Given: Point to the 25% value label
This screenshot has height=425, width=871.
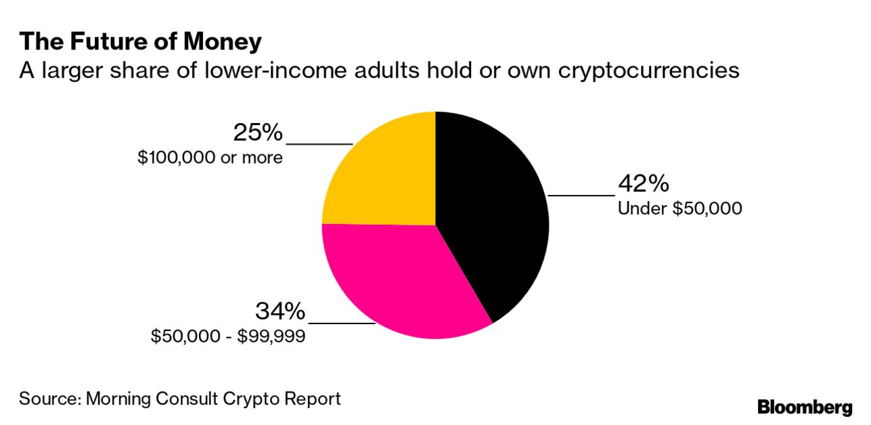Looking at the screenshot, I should click(x=258, y=133).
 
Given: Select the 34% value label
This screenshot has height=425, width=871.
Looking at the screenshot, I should click(x=280, y=311).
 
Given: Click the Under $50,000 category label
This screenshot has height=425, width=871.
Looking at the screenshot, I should click(x=679, y=208).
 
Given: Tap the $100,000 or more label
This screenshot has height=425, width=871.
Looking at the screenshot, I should click(x=210, y=158).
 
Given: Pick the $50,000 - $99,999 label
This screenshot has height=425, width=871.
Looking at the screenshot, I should click(x=228, y=336).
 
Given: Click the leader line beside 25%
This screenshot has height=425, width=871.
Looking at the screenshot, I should click(x=319, y=143).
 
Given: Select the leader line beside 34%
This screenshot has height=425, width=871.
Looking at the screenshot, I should click(x=341, y=323).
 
